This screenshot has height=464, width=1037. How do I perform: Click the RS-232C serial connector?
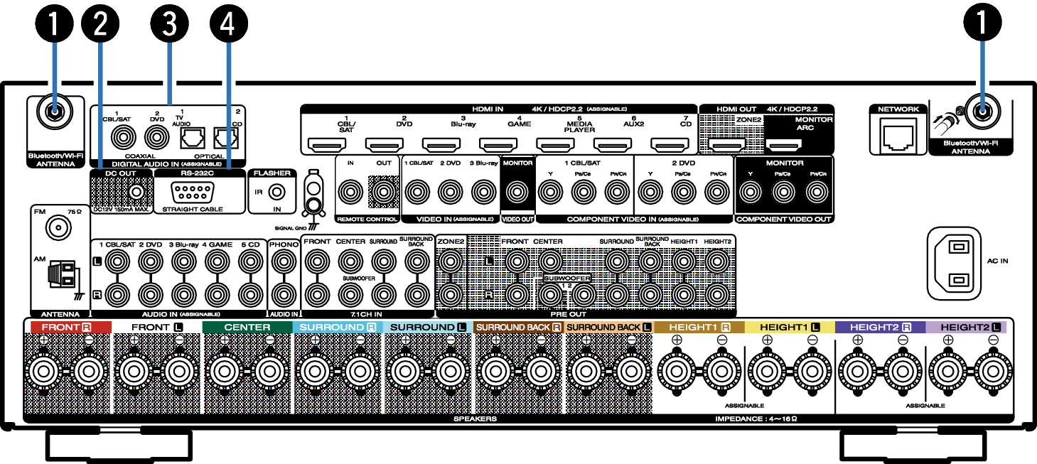(192, 192)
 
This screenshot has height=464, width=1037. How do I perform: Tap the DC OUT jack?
(136, 191)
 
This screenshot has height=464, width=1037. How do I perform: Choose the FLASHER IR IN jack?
(278, 192)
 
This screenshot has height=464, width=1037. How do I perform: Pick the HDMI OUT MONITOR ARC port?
(784, 146)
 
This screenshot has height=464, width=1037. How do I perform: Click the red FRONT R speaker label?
(68, 328)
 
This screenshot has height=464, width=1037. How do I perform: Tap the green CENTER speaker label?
(247, 328)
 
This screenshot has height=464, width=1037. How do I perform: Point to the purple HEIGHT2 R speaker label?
(881, 328)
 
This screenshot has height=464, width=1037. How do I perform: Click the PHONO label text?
(284, 242)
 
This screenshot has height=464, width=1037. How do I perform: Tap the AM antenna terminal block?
(60, 274)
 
